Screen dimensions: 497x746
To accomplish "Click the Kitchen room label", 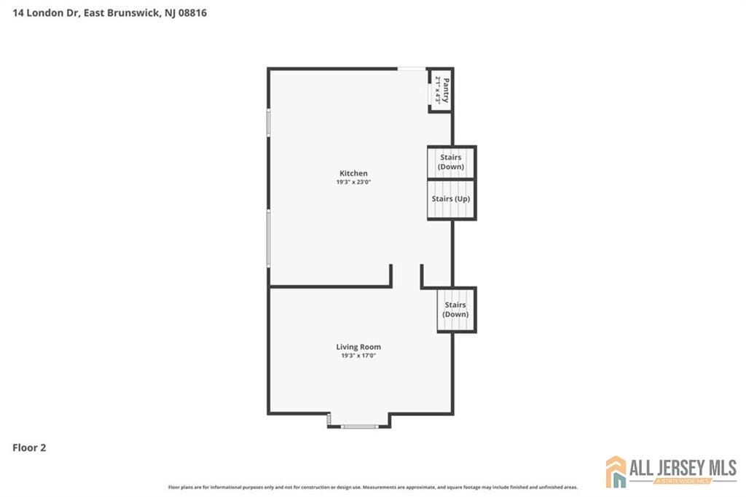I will coord(353,173).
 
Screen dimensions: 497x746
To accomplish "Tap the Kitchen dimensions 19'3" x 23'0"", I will coord(353,182).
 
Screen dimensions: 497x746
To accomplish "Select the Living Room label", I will coord(358,347).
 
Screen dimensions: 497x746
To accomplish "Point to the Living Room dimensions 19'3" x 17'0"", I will coord(358,356).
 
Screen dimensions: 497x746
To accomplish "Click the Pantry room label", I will coord(446,90).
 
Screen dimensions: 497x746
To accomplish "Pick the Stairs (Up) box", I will coord(450,199).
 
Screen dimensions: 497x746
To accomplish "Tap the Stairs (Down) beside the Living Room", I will coord(455,310).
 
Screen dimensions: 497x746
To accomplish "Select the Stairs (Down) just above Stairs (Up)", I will coord(450,162).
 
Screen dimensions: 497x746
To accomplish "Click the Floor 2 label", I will coord(29,448).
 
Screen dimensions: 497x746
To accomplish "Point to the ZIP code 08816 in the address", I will coord(191,12).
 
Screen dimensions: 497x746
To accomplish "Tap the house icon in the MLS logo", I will coord(616,471).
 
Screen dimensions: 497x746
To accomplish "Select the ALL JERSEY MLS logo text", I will coord(682,468).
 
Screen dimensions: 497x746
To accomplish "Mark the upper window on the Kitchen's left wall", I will coord(269,122).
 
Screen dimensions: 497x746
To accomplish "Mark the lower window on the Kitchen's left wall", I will coord(269,238).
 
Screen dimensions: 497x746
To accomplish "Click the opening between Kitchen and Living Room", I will coord(407,277).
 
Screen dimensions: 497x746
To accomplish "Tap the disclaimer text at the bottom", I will coord(373,487).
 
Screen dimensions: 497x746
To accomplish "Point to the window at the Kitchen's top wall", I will coord(412,69).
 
